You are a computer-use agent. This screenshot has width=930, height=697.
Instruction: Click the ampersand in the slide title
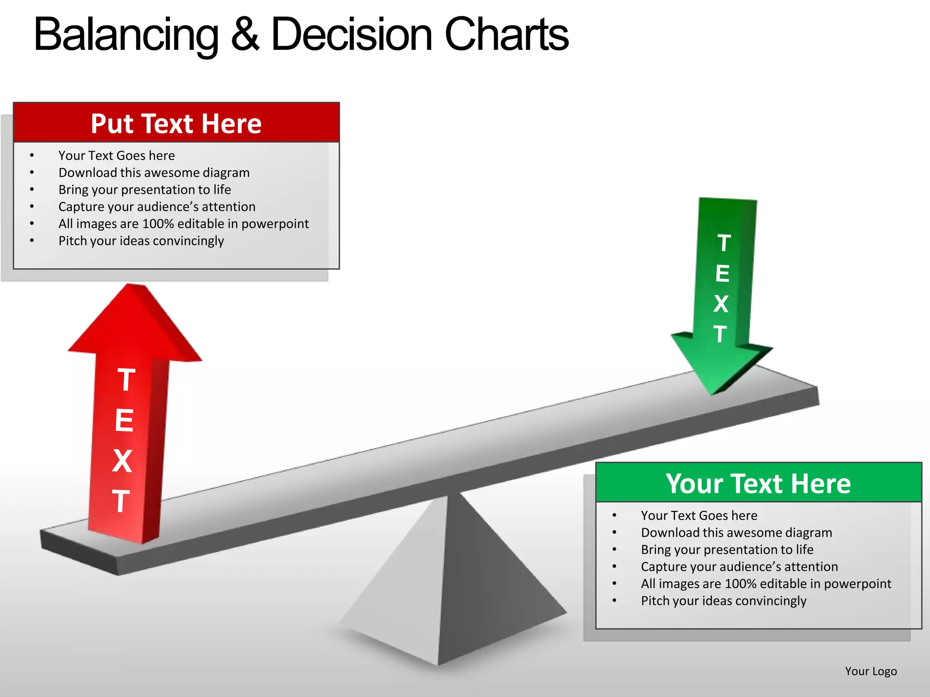[245, 34]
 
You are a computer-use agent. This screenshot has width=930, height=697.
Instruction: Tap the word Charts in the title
[506, 34]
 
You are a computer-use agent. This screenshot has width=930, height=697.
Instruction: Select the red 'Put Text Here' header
[176, 123]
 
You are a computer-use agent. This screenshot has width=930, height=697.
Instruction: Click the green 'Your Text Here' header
[758, 483]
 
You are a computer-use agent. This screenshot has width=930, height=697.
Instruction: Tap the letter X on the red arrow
[122, 461]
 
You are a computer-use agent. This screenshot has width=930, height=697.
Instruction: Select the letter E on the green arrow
[722, 274]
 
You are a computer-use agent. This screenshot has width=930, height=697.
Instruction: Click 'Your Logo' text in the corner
[871, 671]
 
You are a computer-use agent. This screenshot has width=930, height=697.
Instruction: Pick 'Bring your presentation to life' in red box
[144, 190]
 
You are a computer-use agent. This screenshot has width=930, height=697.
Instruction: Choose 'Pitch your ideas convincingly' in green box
[723, 601]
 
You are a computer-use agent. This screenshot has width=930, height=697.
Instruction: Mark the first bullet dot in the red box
[32, 156]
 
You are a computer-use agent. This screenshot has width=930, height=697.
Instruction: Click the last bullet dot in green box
[614, 601]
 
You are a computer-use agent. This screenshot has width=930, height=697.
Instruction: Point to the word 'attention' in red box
[228, 207]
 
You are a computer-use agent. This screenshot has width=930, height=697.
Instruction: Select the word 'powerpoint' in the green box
[857, 584]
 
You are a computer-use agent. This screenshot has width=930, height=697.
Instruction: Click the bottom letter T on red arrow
[121, 501]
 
